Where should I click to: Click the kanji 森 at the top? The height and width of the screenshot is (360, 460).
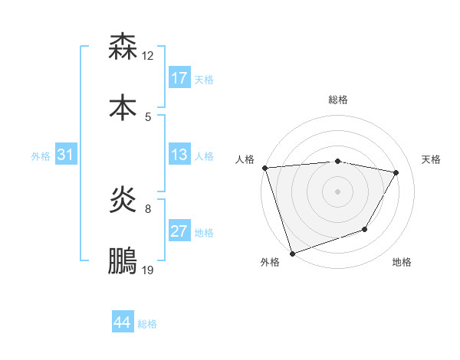click(123, 47)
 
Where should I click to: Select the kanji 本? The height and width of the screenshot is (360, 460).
click(123, 106)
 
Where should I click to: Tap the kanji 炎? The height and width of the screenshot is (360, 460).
click(123, 201)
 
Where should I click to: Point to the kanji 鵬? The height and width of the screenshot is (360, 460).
click(123, 260)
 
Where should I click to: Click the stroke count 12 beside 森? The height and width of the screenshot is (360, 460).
click(148, 56)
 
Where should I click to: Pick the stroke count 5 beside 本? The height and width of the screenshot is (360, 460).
click(148, 116)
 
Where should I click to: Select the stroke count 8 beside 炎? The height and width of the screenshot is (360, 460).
click(148, 208)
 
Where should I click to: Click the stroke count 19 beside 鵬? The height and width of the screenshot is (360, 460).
click(148, 270)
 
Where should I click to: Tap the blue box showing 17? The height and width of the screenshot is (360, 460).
click(179, 78)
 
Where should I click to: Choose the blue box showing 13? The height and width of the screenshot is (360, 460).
click(179, 155)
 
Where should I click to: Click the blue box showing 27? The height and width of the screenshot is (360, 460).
click(179, 231)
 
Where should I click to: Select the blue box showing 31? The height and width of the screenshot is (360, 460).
click(66, 155)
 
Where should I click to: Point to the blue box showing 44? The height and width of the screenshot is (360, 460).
click(123, 322)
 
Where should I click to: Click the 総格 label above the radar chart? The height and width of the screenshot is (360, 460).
click(338, 100)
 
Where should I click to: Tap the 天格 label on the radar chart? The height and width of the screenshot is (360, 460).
click(432, 159)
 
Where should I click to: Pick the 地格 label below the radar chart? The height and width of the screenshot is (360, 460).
click(402, 262)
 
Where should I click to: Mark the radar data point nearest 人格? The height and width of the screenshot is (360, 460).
click(264, 168)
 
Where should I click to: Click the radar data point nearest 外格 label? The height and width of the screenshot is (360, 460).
click(292, 253)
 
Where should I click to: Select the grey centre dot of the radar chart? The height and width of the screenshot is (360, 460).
click(337, 191)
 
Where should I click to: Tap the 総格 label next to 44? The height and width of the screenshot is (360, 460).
click(147, 324)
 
